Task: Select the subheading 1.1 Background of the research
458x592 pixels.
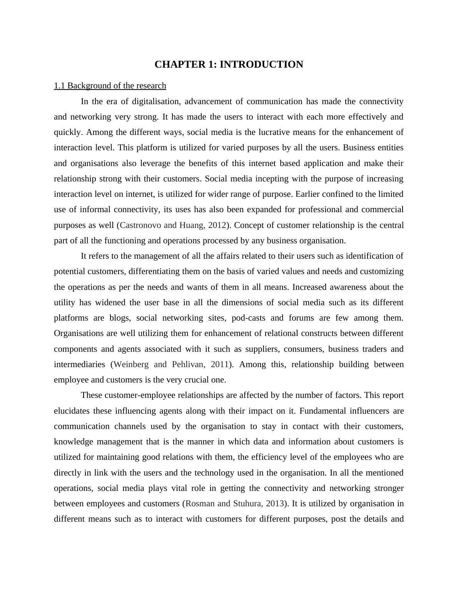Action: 110,86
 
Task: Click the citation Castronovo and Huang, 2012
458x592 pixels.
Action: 173,225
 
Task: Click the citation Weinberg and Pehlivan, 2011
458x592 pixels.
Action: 171,364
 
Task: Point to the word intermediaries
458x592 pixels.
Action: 79,364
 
